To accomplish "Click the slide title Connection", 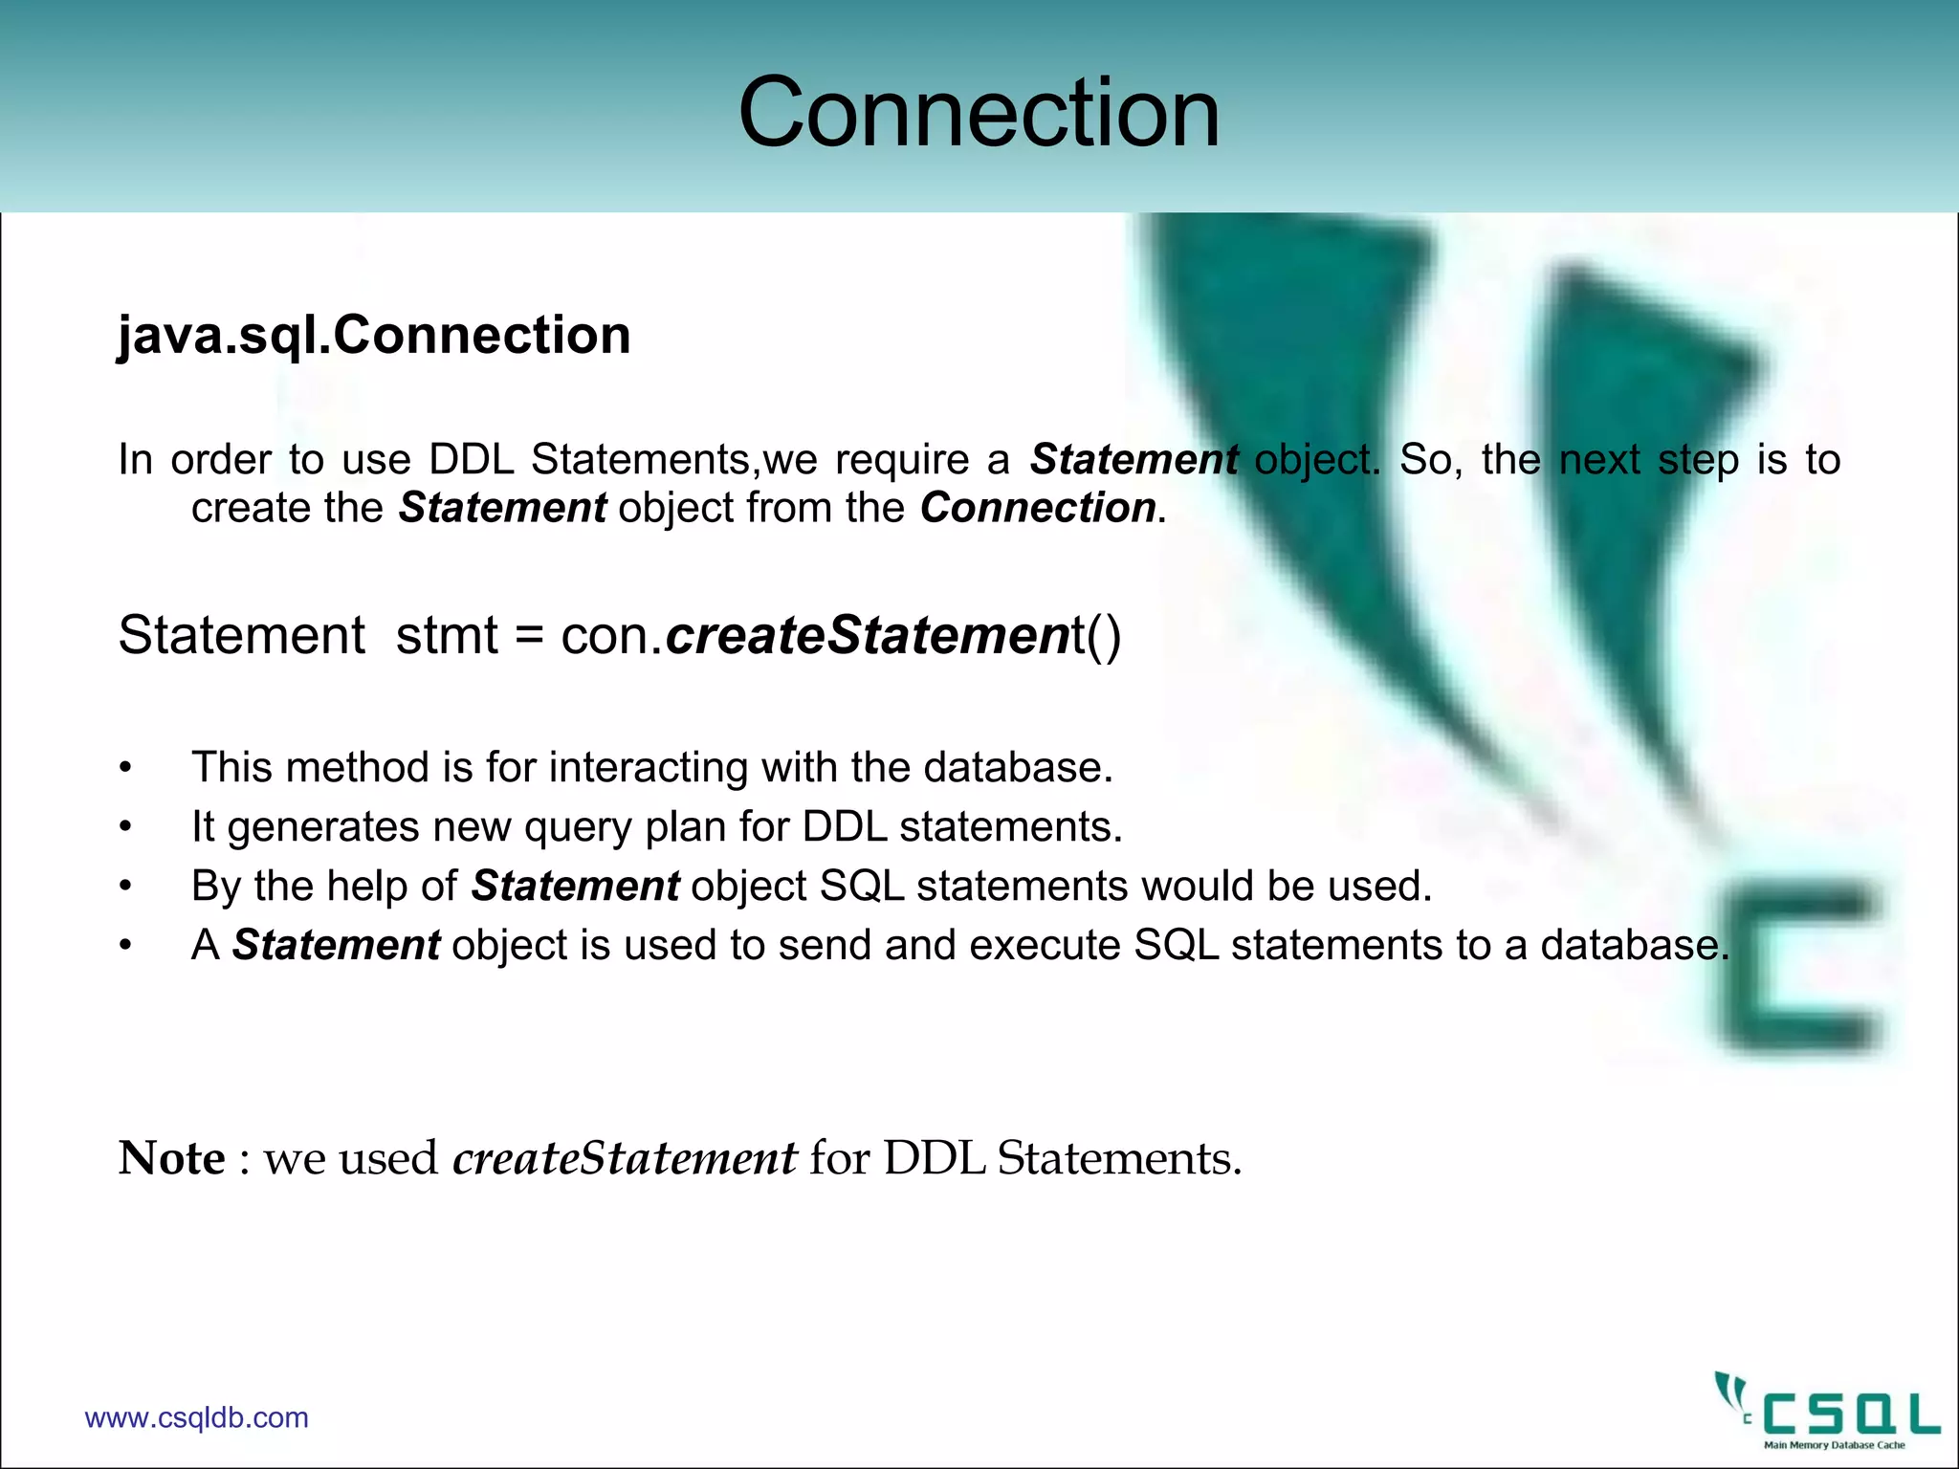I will coord(979,113).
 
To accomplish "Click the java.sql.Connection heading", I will coord(374,336).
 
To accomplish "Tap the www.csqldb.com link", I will coord(197,1417).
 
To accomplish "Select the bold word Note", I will coord(171,1158).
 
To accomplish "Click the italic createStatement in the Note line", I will coord(624,1158).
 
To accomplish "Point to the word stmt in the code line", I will coord(447,636).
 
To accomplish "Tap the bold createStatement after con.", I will coord(867,636).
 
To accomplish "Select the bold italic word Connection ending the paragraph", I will coord(1038,508).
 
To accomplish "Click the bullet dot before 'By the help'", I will coord(125,888).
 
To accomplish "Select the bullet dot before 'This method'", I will coord(125,769).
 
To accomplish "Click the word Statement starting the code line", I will coord(241,636).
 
